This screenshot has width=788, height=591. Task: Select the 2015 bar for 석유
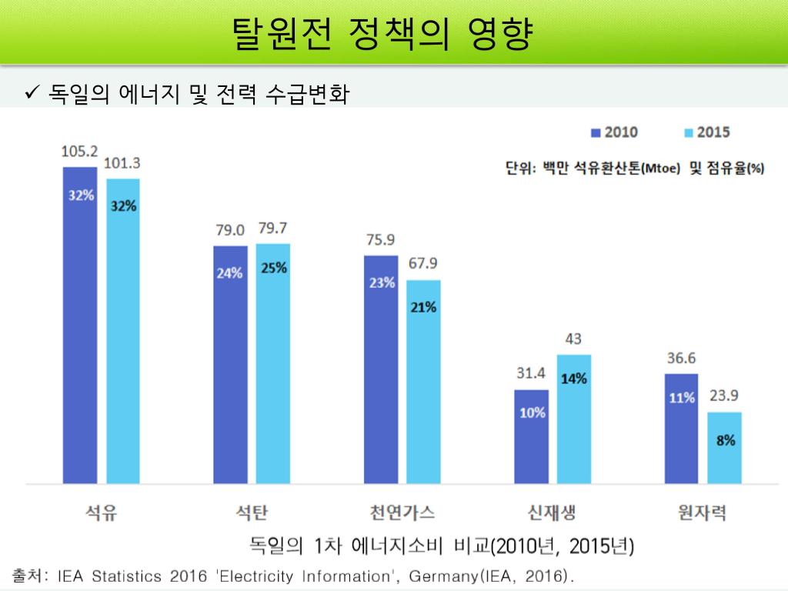tap(123, 331)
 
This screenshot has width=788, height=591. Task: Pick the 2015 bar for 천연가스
tap(423, 382)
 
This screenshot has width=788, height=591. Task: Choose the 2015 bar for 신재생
tap(573, 419)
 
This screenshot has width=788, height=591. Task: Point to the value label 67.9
tap(423, 264)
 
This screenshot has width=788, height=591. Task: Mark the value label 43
tap(573, 339)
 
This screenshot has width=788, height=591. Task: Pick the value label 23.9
tap(724, 396)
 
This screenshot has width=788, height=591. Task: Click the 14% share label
tap(573, 378)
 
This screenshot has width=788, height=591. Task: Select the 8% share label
tap(724, 440)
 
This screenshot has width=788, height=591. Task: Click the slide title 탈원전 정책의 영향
tap(381, 33)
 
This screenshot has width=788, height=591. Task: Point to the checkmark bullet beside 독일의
tap(32, 95)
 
